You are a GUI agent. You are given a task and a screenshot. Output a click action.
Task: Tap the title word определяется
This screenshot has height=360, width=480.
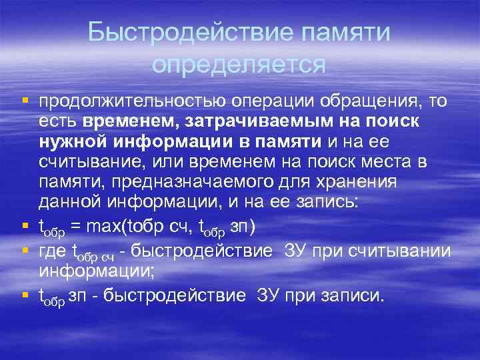(239, 64)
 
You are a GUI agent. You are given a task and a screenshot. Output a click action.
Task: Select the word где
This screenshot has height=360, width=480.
(53, 251)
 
